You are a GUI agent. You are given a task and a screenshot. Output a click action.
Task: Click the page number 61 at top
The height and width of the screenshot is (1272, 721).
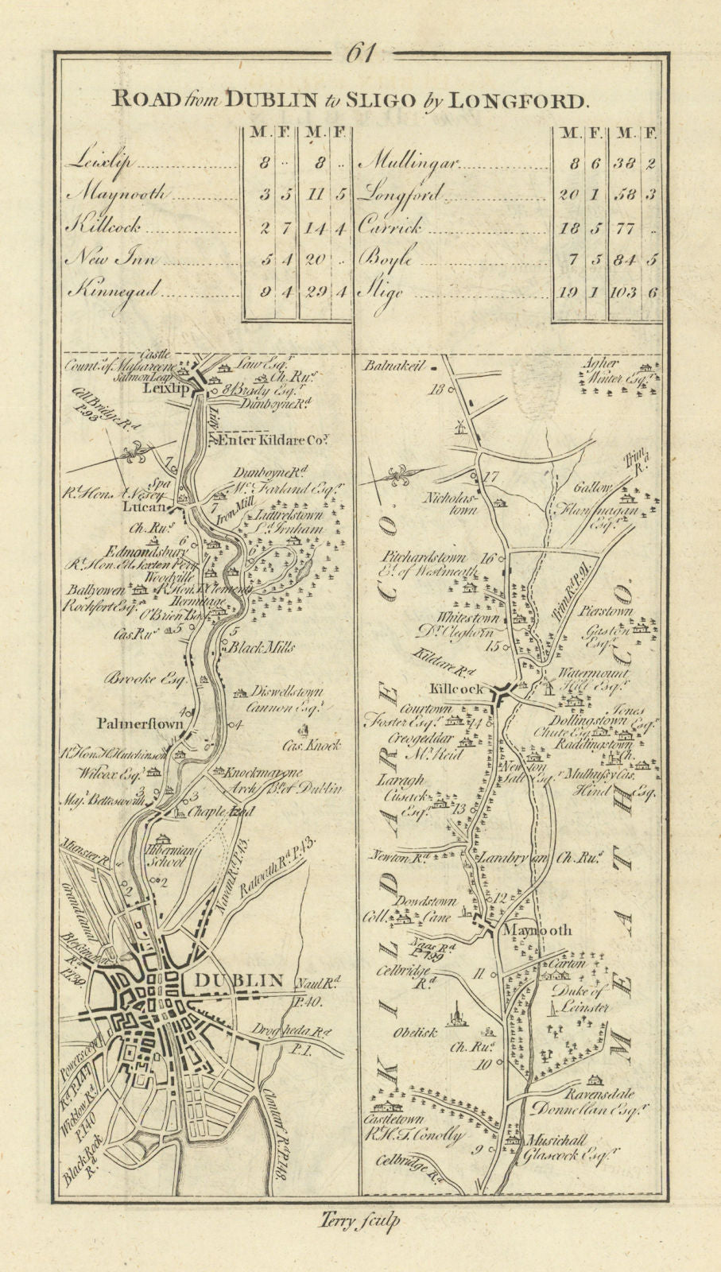(x=360, y=52)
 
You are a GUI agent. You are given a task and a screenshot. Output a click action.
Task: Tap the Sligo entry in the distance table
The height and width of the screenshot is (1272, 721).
(x=383, y=292)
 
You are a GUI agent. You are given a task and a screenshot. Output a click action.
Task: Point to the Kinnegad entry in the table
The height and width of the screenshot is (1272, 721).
(x=106, y=292)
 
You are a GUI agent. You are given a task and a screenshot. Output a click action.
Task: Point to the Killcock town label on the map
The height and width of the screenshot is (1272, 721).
(x=457, y=689)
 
